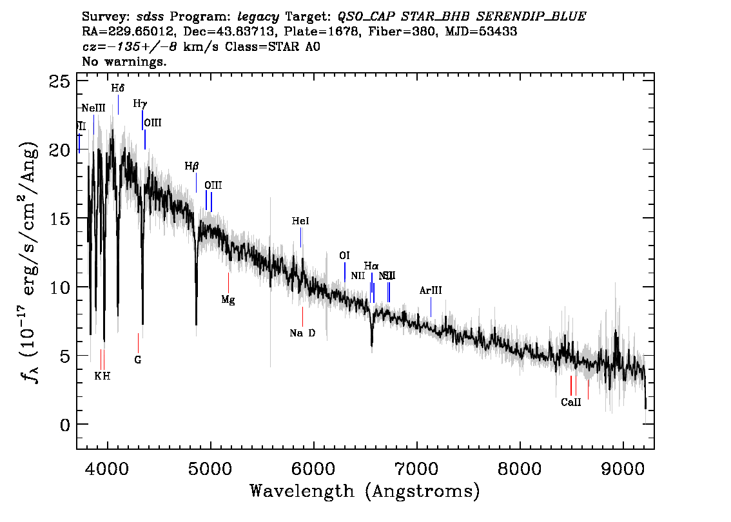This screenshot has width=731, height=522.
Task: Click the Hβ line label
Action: click(191, 166)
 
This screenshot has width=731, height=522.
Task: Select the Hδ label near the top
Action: click(117, 88)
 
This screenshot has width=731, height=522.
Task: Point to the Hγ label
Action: click(140, 104)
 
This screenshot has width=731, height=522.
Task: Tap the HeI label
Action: click(300, 221)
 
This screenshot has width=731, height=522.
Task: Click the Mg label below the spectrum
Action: click(228, 300)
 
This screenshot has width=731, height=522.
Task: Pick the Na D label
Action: click(302, 333)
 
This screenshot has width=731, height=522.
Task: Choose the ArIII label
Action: click(431, 291)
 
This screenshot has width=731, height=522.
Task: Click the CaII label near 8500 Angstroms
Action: click(570, 402)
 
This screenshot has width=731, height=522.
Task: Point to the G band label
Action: click(137, 360)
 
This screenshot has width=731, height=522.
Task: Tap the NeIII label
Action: click(93, 108)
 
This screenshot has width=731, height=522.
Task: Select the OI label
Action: click(345, 256)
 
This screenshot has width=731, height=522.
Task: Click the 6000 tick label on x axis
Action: click(314, 467)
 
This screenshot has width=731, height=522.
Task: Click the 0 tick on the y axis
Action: click(64, 425)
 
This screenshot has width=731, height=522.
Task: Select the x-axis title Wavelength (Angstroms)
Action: click(365, 491)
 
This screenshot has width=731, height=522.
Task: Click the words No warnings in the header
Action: click(124, 62)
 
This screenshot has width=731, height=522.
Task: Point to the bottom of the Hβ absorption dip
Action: click(197, 324)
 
